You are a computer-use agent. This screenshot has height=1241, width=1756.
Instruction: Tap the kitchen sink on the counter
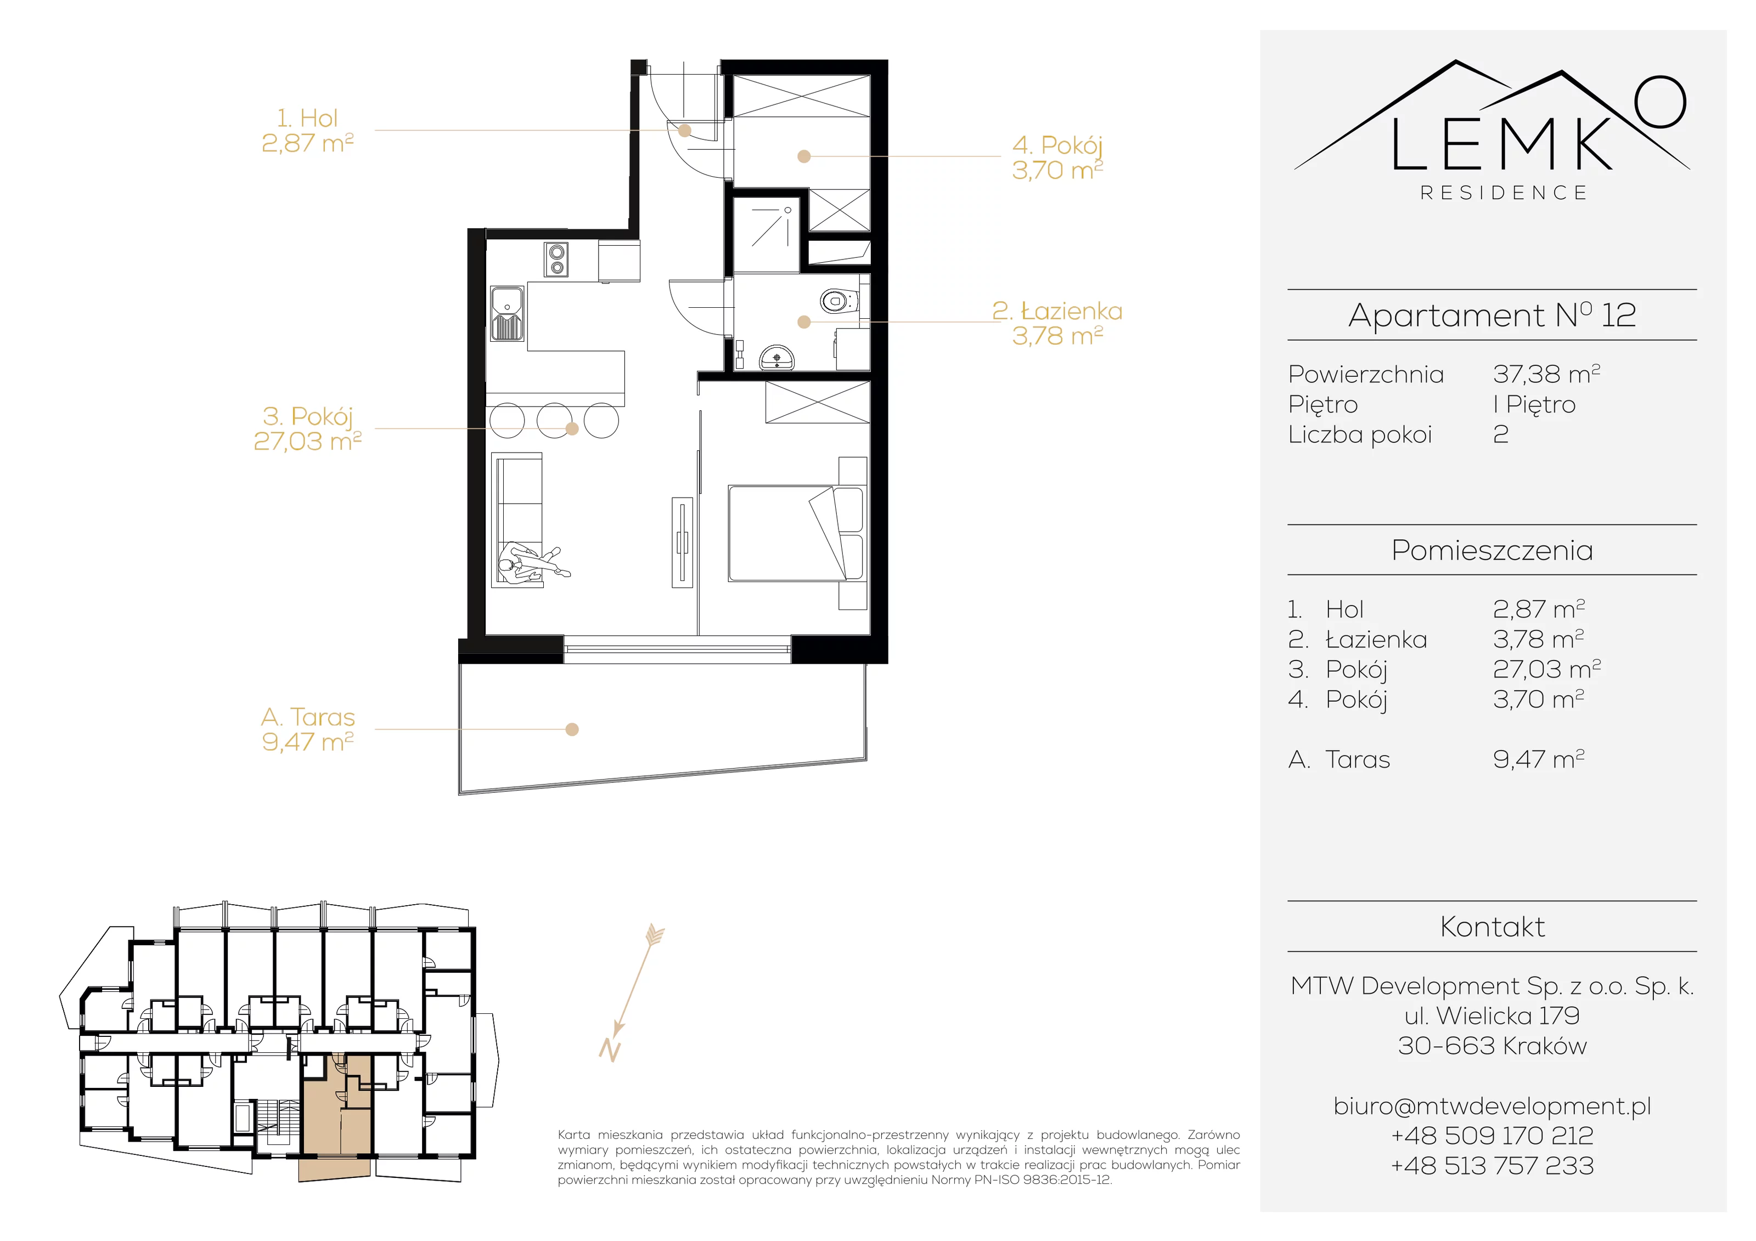507,313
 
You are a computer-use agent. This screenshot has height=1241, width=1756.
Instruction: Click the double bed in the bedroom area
796,533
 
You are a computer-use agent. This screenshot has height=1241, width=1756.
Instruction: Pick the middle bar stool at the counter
554,421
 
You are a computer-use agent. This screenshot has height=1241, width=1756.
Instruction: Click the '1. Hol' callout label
307,131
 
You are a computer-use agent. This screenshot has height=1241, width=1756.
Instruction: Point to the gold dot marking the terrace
572,730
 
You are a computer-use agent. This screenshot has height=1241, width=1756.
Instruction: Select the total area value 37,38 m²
1546,374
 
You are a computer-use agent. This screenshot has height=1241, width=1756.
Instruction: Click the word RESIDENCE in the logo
1504,193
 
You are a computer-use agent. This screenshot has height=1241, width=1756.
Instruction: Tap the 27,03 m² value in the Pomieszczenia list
1546,669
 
